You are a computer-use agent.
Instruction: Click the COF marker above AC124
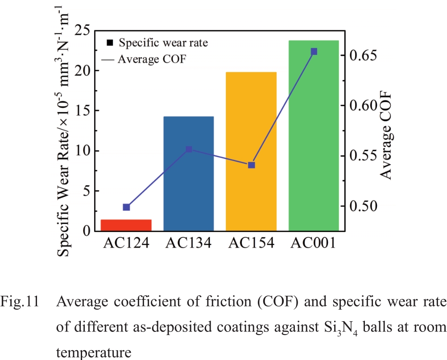pos(126,207)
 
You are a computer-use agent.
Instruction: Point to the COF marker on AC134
pos(189,149)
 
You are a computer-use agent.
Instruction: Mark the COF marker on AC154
pos(251,165)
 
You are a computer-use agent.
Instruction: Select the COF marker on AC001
pos(314,51)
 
